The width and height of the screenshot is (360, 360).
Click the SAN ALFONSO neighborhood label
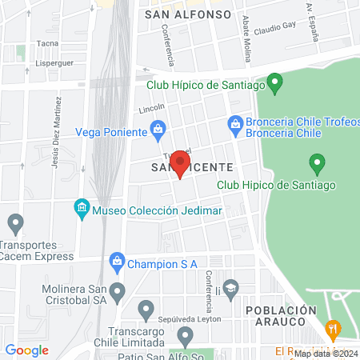[x=188, y=14]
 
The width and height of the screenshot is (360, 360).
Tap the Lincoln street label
[x=151, y=108]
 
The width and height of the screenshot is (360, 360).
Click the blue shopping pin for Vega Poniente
[x=158, y=128]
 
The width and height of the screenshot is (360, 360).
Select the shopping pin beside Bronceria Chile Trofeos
[x=235, y=123]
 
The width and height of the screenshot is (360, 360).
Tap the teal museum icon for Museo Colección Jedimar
[x=81, y=210]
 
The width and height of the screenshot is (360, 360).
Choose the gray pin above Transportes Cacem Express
[x=14, y=222]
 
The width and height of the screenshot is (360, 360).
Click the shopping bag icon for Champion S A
[x=118, y=262]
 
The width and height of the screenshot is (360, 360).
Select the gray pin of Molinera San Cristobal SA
[x=118, y=291]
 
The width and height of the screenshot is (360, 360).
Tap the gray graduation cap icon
[x=230, y=287]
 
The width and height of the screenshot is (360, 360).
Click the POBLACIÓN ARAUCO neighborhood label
[x=276, y=314]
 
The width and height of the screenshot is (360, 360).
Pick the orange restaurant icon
[x=334, y=328]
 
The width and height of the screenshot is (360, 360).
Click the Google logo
[x=26, y=350]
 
